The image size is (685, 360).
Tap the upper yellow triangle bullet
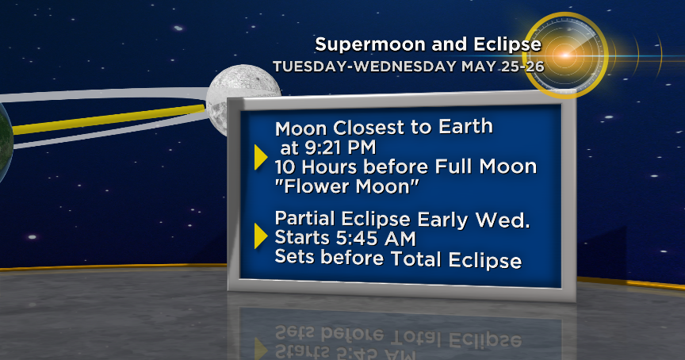tap(260, 157)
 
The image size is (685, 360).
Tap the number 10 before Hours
tap(285, 167)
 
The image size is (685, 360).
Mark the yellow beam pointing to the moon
tap(111, 119)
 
